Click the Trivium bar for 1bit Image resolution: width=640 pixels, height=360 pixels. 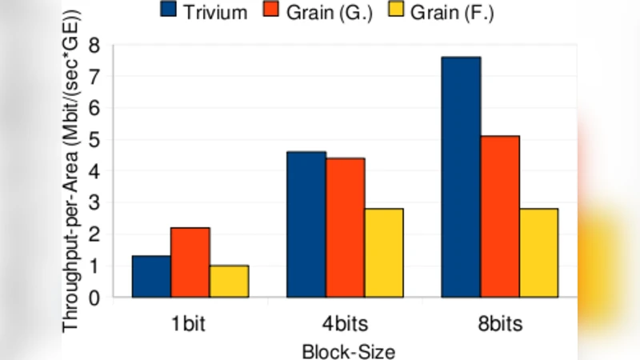point(151,277)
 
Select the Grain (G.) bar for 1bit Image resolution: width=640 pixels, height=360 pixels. point(190,262)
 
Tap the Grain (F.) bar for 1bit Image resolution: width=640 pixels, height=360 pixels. point(229,282)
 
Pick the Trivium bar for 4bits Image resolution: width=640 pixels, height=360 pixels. point(306,225)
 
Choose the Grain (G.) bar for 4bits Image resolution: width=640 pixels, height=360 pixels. point(346,228)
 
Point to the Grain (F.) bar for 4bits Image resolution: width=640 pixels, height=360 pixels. point(384,253)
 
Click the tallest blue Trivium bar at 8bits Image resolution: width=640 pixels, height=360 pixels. point(462,177)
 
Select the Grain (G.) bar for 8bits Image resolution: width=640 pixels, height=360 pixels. point(500,217)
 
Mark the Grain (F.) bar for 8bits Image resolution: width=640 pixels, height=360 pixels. point(538,253)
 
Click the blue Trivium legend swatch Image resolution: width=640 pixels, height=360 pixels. point(169,10)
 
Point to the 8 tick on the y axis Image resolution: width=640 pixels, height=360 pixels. point(96,45)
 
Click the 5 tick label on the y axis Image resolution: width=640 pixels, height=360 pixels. point(96,140)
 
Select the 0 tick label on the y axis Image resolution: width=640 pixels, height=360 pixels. point(96,298)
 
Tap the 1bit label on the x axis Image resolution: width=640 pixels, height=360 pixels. point(190,325)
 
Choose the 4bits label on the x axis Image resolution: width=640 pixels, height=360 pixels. point(346,325)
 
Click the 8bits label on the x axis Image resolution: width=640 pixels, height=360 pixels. point(501,325)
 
